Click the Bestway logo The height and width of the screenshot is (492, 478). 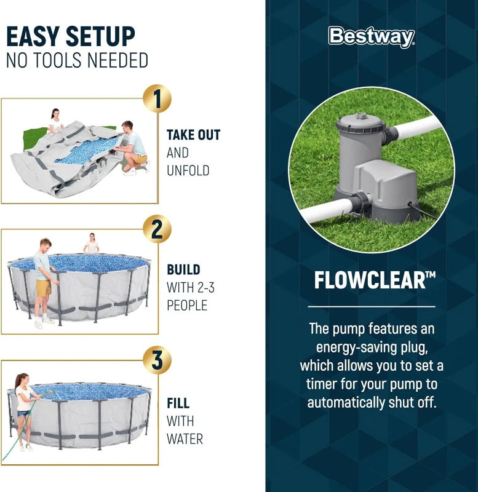coord(372,37)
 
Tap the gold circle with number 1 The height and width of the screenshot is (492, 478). coord(157,99)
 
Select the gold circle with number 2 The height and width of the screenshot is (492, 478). coord(157,229)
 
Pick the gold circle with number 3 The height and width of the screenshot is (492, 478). coord(157,360)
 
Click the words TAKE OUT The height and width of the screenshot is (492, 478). coord(193,135)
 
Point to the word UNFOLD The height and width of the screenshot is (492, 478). coord(188,170)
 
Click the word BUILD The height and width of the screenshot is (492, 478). coord(183,269)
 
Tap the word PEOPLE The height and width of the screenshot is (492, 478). coord(187,305)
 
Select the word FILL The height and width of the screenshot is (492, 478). coord(178,403)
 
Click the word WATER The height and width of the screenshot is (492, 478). coord(185,438)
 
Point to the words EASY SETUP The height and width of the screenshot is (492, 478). coord(70,37)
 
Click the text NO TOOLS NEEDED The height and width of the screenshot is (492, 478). coord(77,61)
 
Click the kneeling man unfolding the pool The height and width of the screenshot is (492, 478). coord(132,146)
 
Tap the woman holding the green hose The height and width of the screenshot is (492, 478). coord(24,409)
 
